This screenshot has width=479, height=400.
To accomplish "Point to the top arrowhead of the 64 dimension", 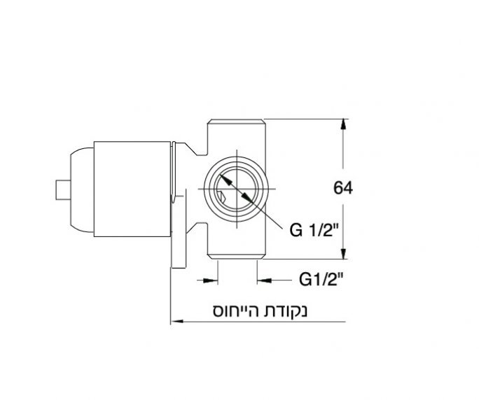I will (343, 124).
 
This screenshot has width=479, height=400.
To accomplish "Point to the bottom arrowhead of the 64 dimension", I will (343, 253).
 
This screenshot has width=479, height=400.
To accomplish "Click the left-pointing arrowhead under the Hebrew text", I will (175, 322).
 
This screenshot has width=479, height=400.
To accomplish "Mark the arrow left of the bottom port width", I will (210, 280).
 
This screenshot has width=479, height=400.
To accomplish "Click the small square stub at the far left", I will (62, 190).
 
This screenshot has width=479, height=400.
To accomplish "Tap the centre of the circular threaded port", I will (238, 188).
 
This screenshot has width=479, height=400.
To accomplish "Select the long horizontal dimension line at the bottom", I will (259, 322).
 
